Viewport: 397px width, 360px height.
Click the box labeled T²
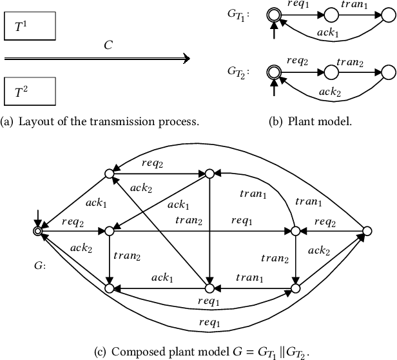coord(30,92)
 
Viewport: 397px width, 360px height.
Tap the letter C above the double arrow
coord(108,46)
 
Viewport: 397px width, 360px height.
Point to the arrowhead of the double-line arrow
coord(185,59)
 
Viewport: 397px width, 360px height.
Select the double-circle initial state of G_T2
coord(275,72)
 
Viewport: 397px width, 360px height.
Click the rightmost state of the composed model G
coord(367,230)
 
